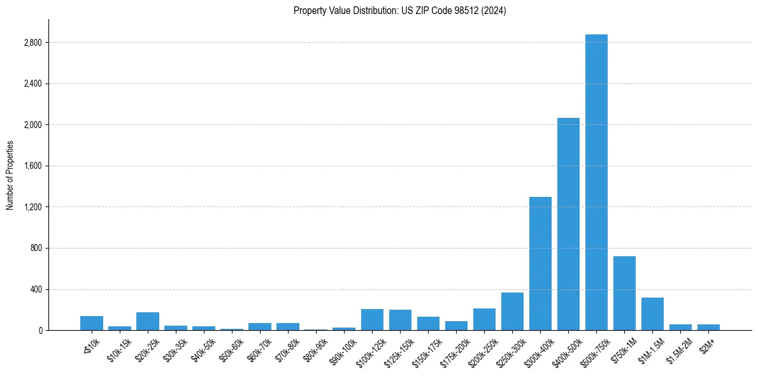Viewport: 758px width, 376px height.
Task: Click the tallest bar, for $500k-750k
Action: [x=596, y=182]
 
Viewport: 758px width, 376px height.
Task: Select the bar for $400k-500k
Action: [x=568, y=224]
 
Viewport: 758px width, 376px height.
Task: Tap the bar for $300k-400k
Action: [x=540, y=263]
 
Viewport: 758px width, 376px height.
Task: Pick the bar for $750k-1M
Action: [x=624, y=293]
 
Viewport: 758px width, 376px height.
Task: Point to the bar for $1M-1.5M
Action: [x=652, y=314]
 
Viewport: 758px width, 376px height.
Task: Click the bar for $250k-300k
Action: [x=512, y=311]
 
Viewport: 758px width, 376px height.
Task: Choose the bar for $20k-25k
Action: [x=148, y=321]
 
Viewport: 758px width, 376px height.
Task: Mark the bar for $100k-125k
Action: [x=372, y=319]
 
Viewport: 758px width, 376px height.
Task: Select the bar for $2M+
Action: [x=708, y=327]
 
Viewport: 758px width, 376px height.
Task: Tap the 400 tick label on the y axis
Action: [x=36, y=289]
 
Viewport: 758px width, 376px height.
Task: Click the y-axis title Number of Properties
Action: [x=10, y=175]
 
